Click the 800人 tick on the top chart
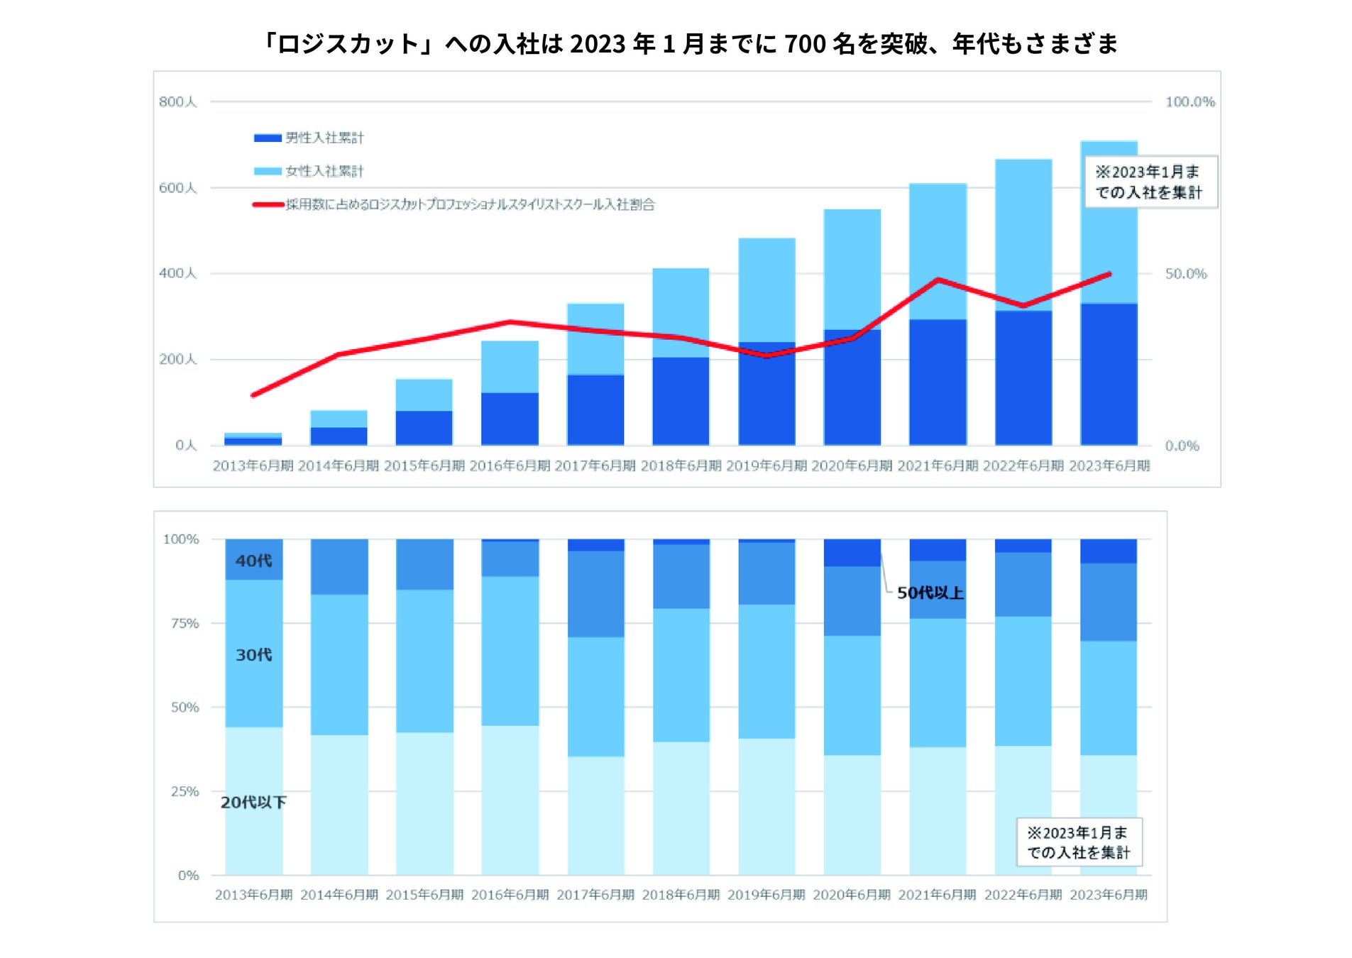tap(177, 102)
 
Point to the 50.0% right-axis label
tap(1185, 274)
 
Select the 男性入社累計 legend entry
tap(324, 138)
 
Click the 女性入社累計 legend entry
tap(324, 171)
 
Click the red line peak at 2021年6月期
tap(938, 280)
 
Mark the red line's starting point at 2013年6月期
tap(253, 395)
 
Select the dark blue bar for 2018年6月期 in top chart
tap(681, 401)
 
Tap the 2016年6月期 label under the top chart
tap(510, 466)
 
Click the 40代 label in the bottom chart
tap(253, 561)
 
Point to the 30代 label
tap(253, 655)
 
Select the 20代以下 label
tap(253, 803)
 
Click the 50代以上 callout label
tap(930, 593)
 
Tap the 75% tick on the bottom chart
tap(185, 624)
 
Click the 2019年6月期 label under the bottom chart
tap(766, 895)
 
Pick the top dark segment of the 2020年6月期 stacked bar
tap(852, 553)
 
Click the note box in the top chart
tap(1150, 182)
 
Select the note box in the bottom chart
tap(1079, 842)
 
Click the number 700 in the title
tap(805, 44)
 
